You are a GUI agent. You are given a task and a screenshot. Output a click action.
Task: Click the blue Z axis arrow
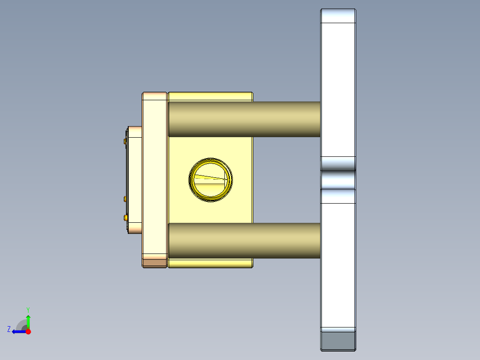point(18,331)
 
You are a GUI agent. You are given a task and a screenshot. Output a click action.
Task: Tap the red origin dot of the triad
point(28,331)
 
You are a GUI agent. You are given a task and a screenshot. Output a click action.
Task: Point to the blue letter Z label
point(9,329)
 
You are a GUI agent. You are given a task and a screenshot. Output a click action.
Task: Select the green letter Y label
point(28,309)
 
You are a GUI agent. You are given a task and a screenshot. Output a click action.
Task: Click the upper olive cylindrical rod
point(244,119)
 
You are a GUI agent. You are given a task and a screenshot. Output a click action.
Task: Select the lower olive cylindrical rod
point(244,241)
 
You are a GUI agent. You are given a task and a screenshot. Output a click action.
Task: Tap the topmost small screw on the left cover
point(124,141)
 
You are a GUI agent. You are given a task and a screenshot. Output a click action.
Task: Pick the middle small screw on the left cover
point(125,198)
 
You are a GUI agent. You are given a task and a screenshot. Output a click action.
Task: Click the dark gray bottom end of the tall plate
point(338,341)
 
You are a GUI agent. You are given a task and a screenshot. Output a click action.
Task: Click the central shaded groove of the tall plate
point(338,180)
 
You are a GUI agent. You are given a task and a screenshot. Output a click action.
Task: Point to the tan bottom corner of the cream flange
point(154,262)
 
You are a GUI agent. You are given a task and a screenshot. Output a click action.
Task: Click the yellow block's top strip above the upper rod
point(210,97)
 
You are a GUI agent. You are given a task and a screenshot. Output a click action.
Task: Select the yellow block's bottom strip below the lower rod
point(210,263)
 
